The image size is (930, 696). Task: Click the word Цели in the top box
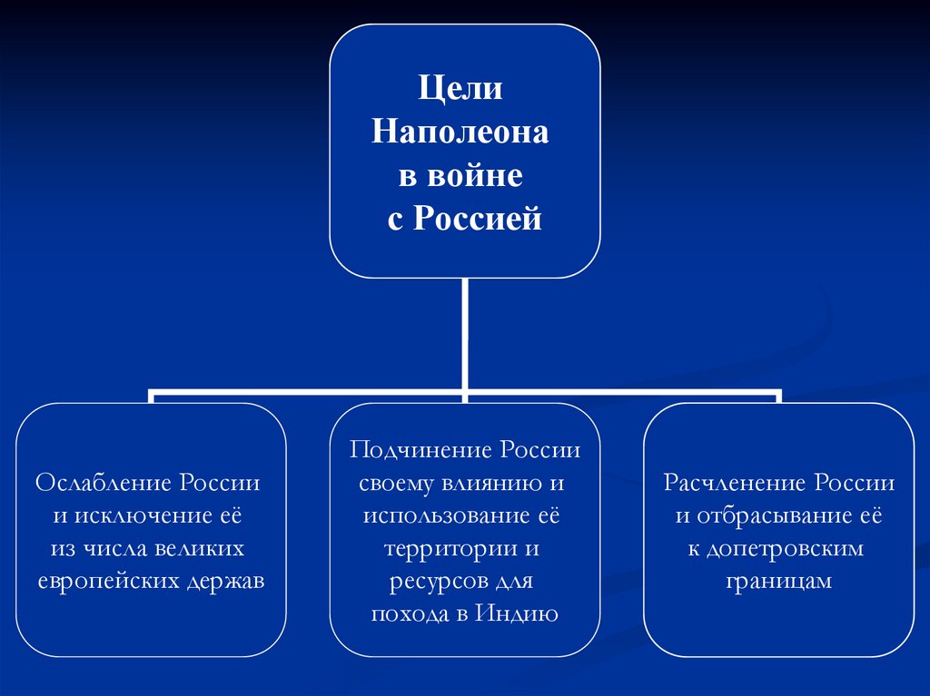point(460,91)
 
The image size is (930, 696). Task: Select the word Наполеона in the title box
point(460,133)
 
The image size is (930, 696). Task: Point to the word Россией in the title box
point(478,219)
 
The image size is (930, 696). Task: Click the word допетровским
point(788,549)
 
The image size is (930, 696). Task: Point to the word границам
point(779,582)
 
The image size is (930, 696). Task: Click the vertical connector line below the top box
point(464,336)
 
